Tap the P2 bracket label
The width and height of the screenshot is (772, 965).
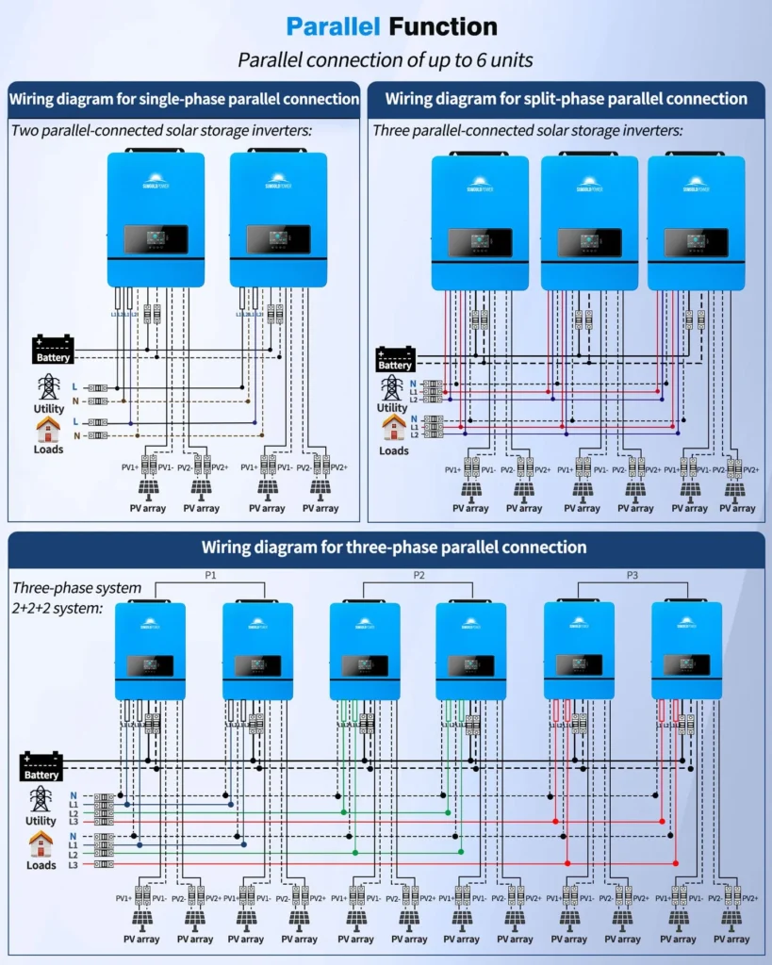419,574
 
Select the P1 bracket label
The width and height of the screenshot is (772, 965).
210,574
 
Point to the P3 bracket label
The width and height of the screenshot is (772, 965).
632,574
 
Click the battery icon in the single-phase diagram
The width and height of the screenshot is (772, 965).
53,349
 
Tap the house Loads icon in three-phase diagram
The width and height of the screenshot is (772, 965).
41,843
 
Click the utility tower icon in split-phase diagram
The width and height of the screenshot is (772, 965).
391,387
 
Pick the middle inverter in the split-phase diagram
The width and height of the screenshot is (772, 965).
588,222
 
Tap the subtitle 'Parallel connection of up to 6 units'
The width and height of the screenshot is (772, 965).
386,60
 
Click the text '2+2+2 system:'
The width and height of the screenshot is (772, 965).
57,609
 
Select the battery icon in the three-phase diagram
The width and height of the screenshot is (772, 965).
41,765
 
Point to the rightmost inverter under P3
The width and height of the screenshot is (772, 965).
686,650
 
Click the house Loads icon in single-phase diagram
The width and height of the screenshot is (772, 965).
48,430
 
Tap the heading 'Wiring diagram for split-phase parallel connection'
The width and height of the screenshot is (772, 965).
567,99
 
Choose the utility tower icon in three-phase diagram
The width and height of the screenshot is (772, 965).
41,799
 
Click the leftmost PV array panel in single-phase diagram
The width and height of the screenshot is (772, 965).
149,488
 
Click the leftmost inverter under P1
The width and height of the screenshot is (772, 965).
150,650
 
